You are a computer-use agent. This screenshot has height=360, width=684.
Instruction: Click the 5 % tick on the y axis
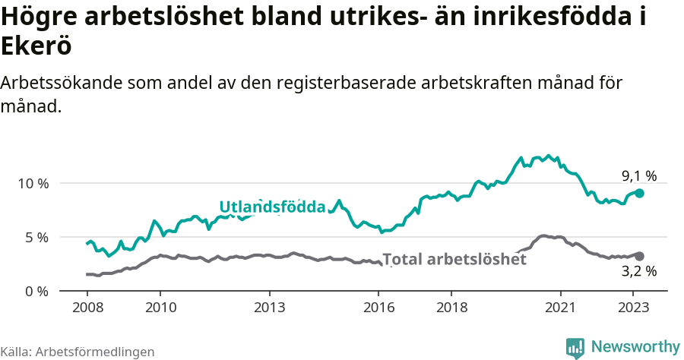[x=36, y=237]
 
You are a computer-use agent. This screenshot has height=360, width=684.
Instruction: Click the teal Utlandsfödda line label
[x=272, y=207]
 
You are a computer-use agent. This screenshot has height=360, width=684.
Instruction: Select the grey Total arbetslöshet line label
[x=454, y=259]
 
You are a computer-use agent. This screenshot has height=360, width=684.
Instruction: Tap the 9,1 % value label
[x=638, y=176]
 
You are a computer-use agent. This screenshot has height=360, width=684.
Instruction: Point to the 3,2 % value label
[x=638, y=270]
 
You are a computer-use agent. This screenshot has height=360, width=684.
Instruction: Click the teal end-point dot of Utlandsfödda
[x=640, y=194]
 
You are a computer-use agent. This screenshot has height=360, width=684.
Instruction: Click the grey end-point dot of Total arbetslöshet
[x=640, y=257]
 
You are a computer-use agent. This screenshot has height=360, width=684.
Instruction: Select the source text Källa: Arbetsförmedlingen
[x=78, y=352]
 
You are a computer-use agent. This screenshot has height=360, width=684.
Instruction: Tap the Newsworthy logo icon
[x=575, y=348]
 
